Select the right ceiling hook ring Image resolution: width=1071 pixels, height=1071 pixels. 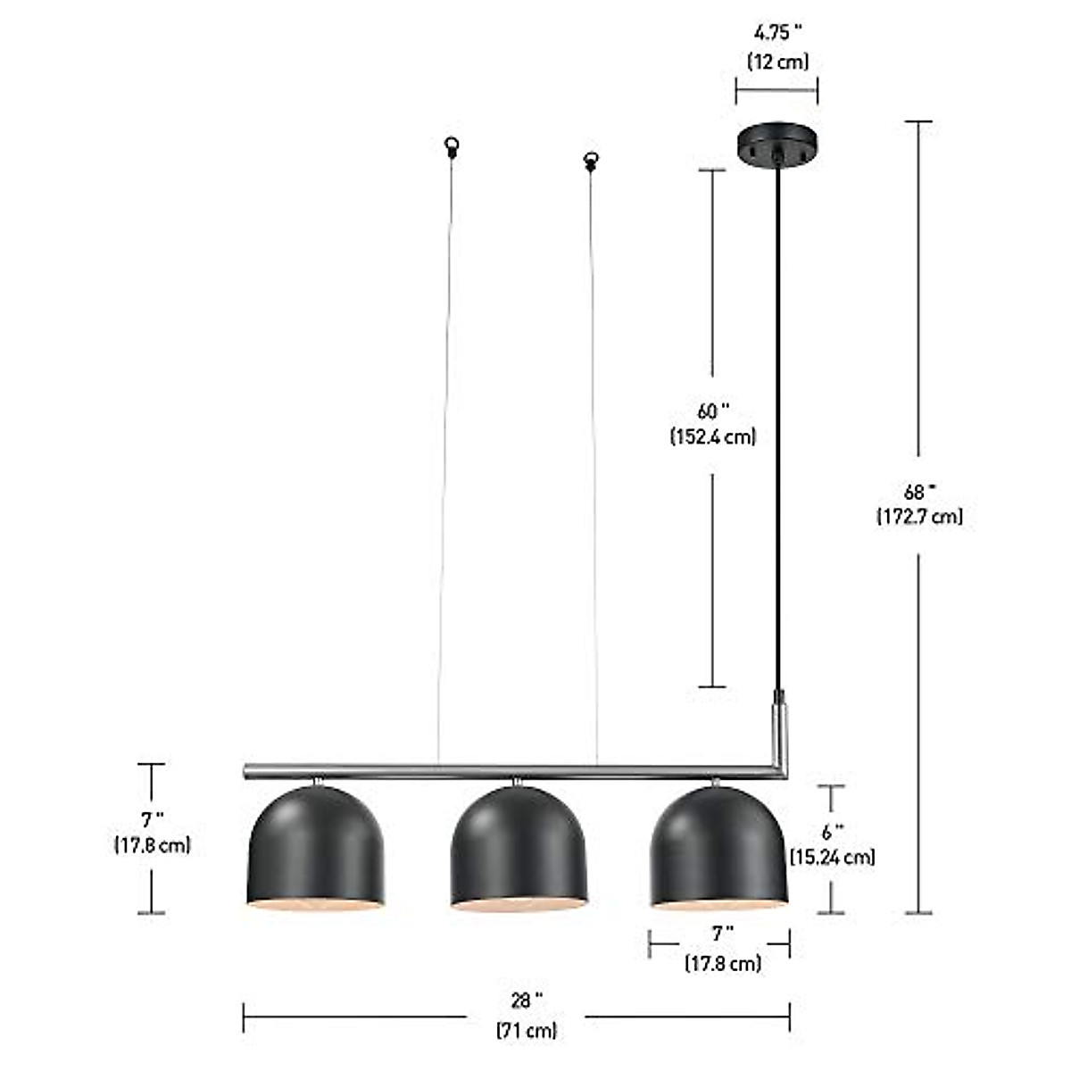click(590, 161)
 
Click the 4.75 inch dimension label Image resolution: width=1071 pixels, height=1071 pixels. click(777, 33)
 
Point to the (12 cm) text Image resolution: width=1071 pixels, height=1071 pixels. click(777, 62)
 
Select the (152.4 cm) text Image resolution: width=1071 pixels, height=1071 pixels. click(712, 437)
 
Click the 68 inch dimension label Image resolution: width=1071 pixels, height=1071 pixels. click(919, 491)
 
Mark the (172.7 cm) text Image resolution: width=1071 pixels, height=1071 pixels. click(919, 517)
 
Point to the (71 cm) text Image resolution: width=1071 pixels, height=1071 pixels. click(527, 1030)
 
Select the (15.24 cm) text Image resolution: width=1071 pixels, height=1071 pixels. click(832, 858)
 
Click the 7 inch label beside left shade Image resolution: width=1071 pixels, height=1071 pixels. click(152, 818)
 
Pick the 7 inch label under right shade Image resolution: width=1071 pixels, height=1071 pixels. click(722, 934)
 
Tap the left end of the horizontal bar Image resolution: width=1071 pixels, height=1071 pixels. click(248, 770)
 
